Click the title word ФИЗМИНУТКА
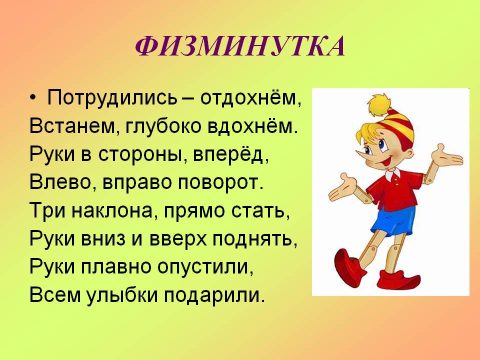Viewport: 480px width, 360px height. click(240, 46)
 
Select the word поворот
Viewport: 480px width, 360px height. click(220, 183)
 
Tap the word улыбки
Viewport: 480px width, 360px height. click(122, 295)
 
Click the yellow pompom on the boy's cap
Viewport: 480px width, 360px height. click(379, 104)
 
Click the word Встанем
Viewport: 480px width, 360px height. click(72, 126)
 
